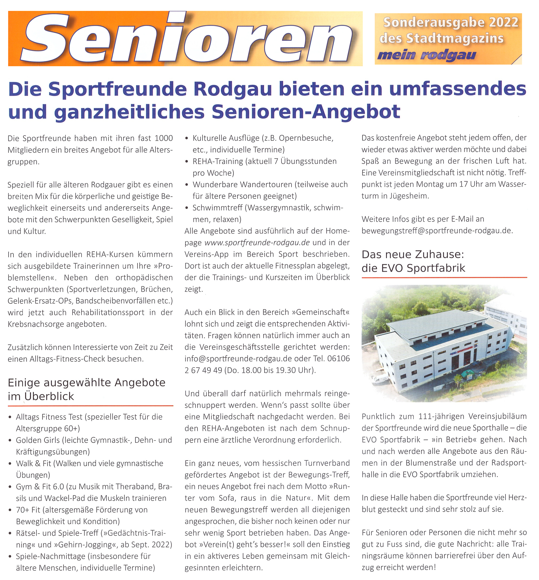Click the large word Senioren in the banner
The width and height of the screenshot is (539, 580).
point(187,39)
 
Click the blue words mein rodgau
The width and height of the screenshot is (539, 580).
point(426,55)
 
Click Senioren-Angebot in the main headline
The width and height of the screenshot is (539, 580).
point(306,111)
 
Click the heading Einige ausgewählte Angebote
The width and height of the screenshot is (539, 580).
point(86,382)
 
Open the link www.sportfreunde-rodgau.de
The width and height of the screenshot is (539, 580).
point(257,242)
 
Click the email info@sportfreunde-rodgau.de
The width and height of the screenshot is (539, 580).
point(238,358)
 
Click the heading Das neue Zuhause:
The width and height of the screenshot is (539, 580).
point(412,255)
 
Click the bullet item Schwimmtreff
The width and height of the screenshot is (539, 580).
point(217,208)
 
